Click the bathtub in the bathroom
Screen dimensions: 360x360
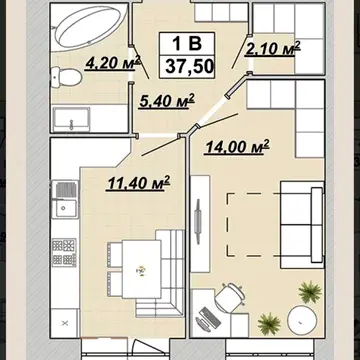[x=91, y=28]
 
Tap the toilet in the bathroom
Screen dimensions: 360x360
[x=66, y=77]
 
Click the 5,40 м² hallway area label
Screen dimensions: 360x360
[x=167, y=100]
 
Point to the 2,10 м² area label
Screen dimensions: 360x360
[x=273, y=48]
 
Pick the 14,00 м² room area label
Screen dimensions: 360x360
[x=237, y=147]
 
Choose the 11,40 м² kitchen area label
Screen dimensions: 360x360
[x=138, y=183]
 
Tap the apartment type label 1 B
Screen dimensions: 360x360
[x=187, y=43]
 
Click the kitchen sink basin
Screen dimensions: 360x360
[x=66, y=208]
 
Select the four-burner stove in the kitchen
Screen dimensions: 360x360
[x=64, y=252]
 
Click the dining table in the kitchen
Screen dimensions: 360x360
[x=142, y=269]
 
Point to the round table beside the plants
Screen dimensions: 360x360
[x=302, y=320]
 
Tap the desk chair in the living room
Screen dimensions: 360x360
[x=229, y=297]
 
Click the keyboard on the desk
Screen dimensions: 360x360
[x=209, y=317]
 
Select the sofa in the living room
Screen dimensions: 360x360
[x=302, y=225]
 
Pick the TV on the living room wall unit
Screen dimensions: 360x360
[x=198, y=222]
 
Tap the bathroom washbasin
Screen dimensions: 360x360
[x=72, y=119]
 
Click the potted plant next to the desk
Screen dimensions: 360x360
[x=269, y=324]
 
